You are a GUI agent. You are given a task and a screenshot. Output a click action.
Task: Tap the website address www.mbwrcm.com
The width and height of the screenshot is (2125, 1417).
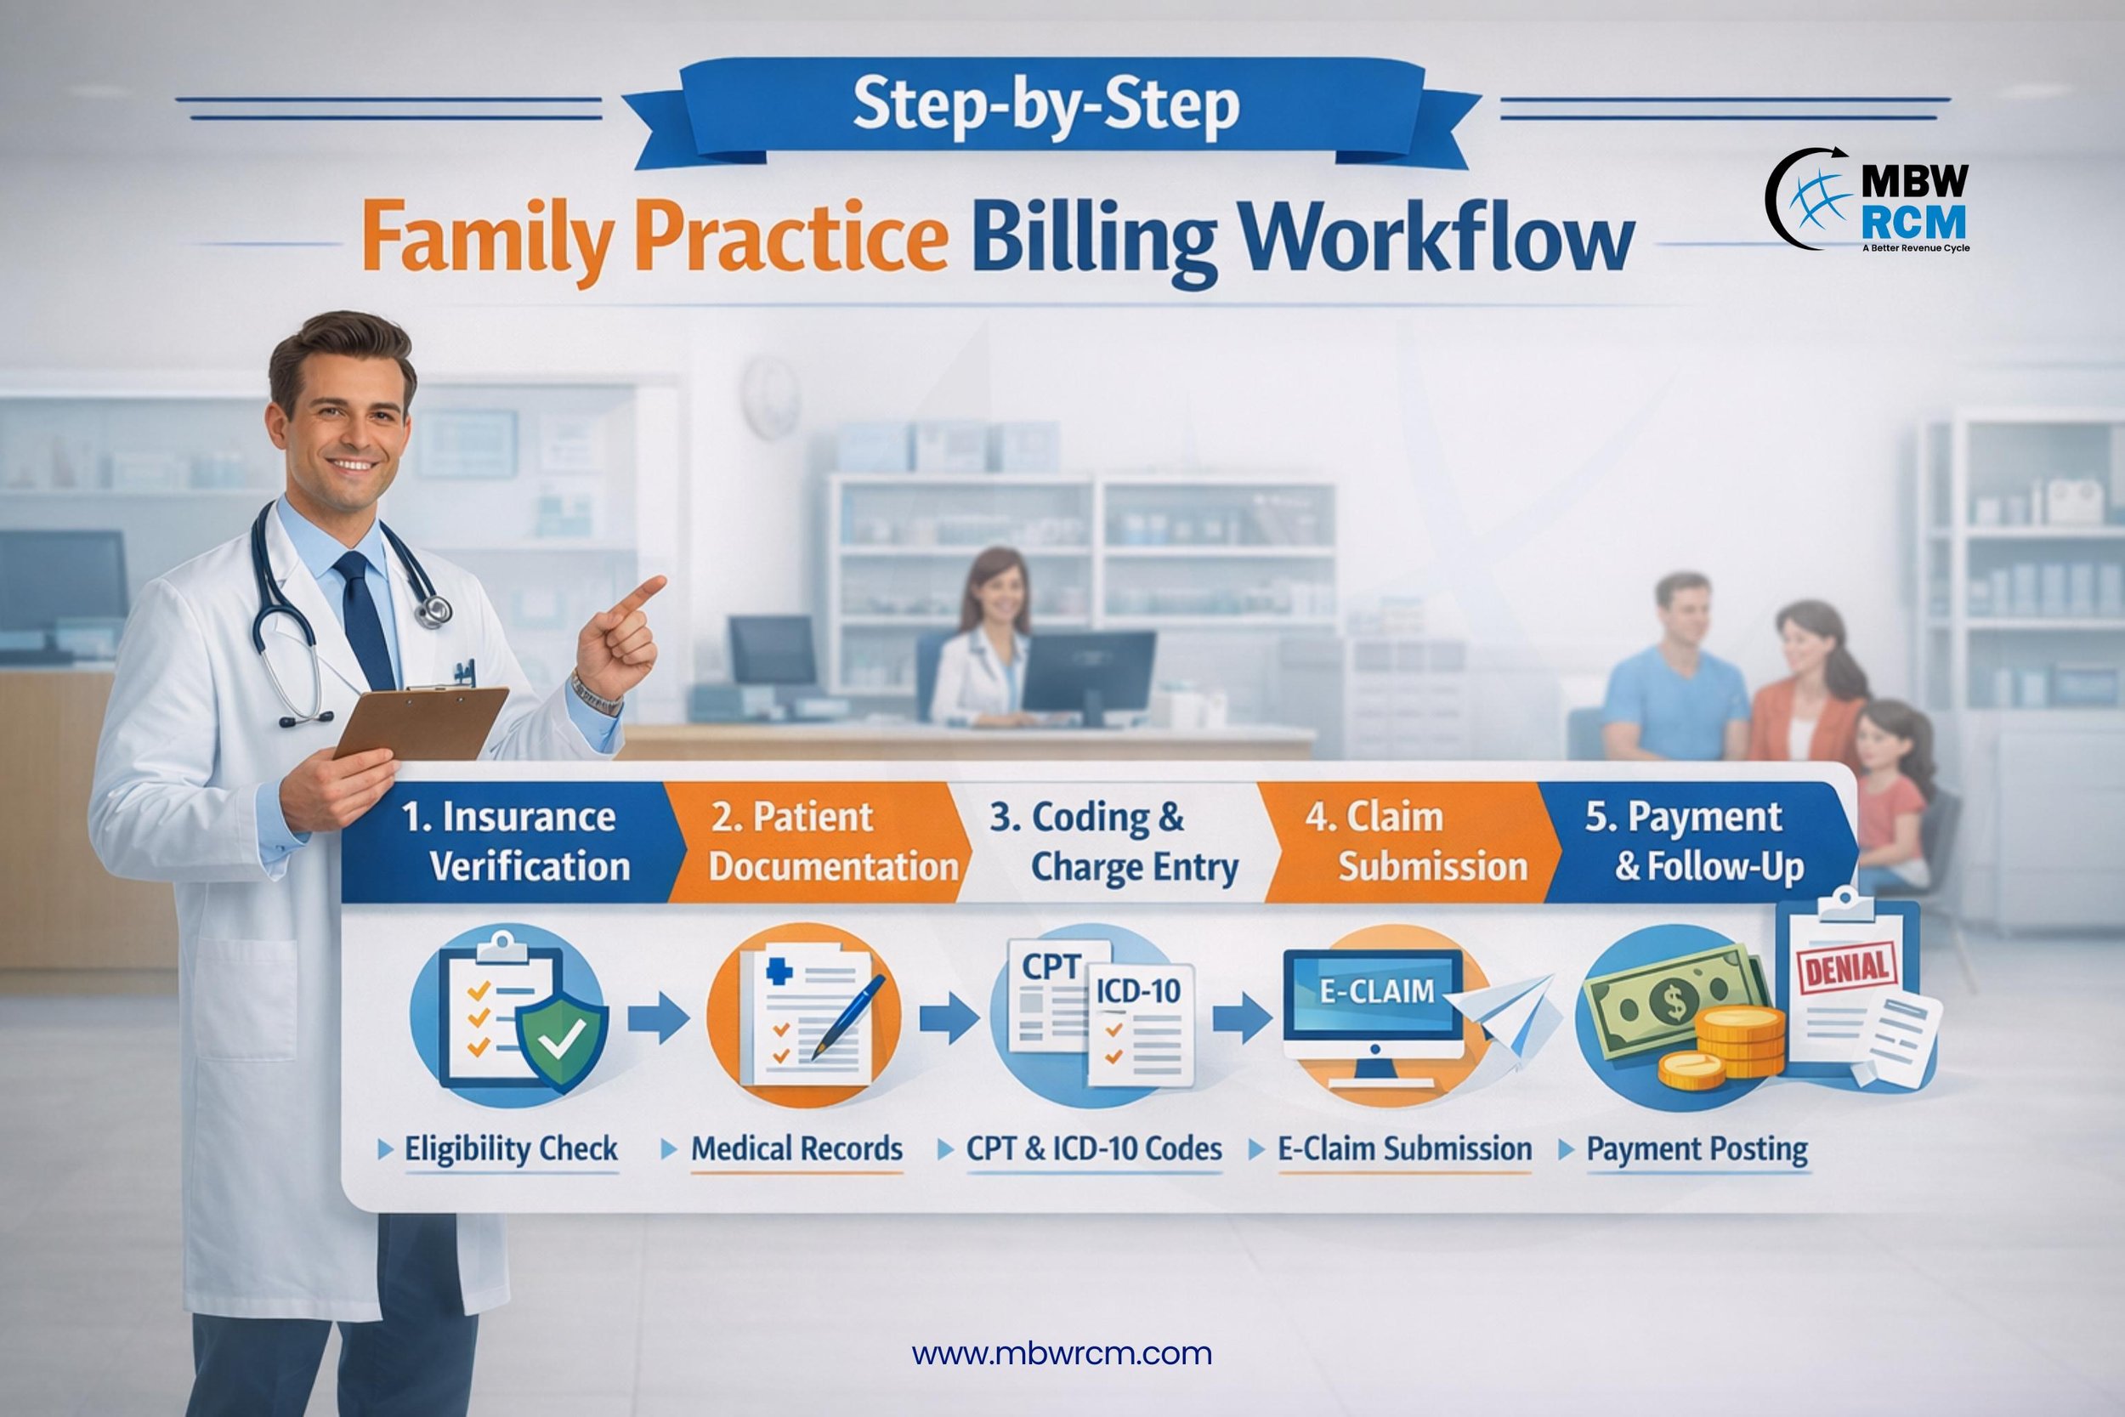point(1062,1354)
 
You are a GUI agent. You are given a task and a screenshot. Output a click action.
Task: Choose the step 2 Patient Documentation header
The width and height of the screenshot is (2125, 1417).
point(818,842)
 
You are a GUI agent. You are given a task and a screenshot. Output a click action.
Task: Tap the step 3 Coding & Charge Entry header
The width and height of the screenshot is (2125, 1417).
point(1116,842)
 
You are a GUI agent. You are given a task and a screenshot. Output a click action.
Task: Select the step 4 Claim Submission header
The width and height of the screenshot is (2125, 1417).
point(1414,842)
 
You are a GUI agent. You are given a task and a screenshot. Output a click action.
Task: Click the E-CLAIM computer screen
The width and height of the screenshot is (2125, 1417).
point(1376,1003)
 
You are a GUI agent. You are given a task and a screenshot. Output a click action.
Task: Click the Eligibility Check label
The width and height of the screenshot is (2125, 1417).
point(511,1148)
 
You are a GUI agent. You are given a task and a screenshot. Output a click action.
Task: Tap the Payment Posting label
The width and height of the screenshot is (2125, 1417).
point(1697,1149)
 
